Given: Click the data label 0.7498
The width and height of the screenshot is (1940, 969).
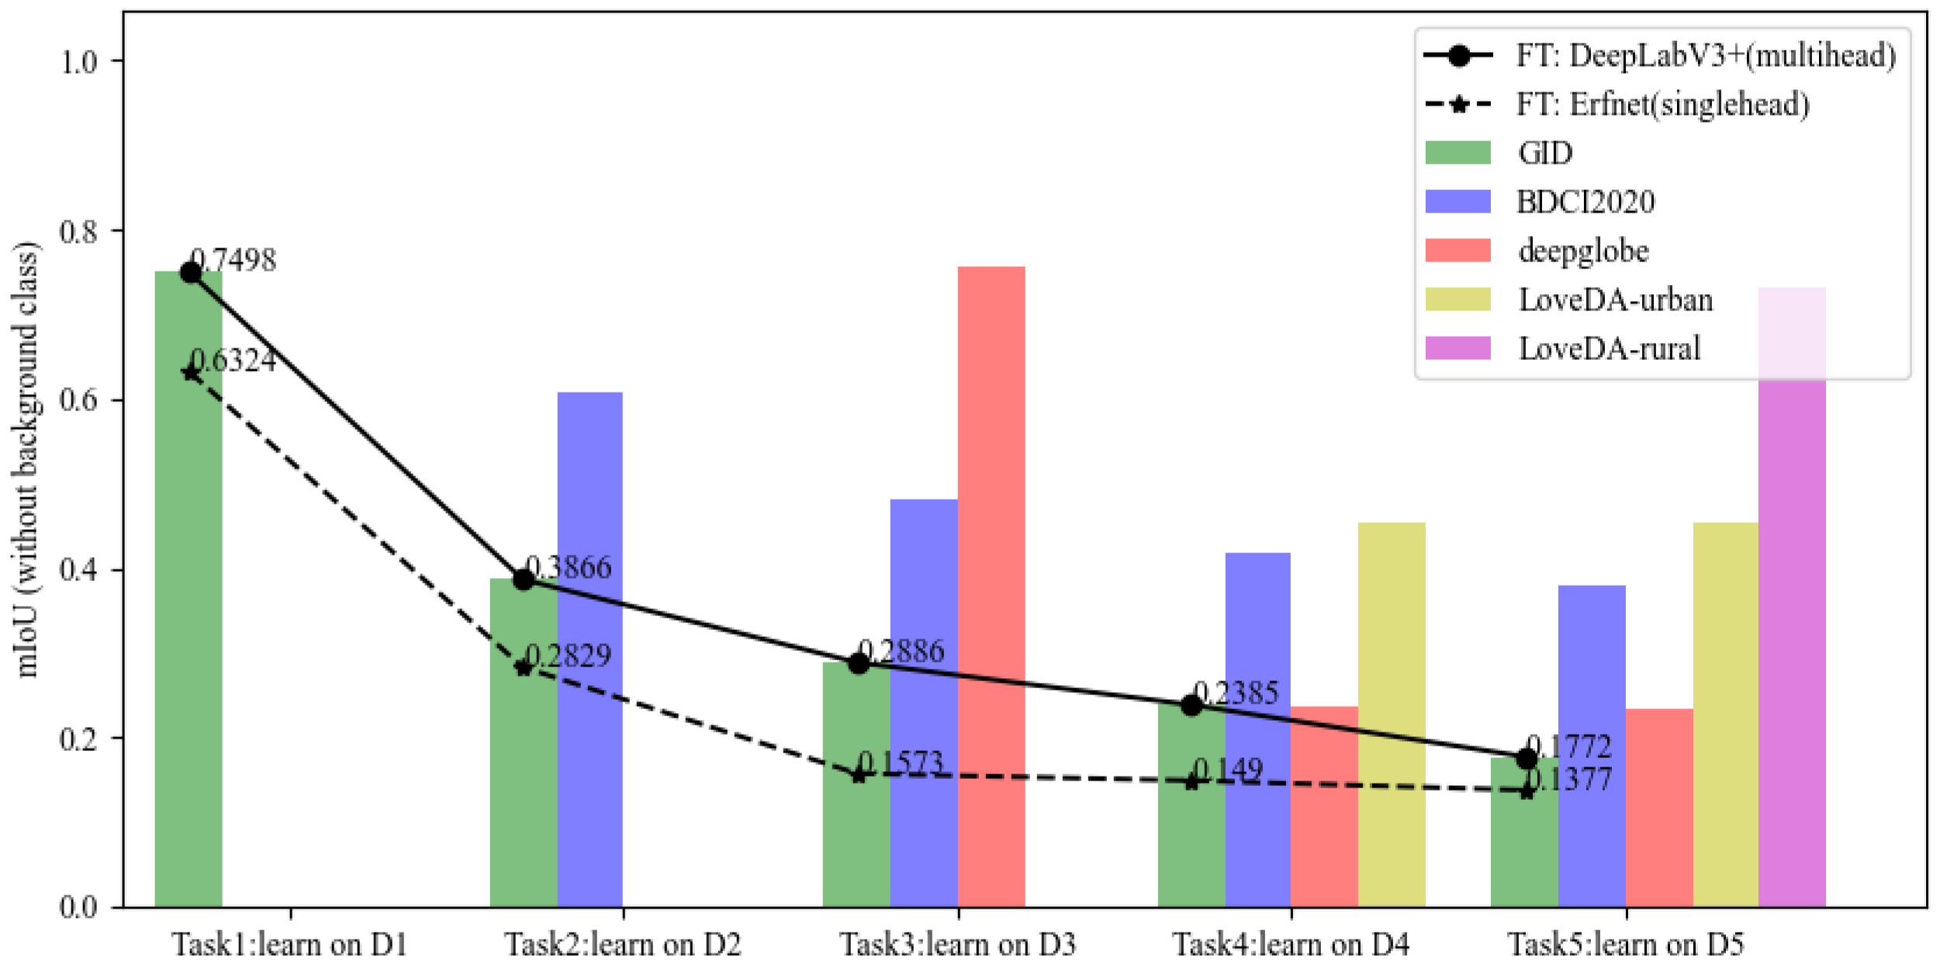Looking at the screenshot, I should point(233,261).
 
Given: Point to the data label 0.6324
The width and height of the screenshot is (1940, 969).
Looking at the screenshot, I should point(233,361).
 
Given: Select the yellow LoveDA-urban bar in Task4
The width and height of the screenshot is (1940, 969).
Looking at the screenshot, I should point(1391,715).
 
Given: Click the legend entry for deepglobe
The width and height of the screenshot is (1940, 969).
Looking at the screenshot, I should point(1582,251).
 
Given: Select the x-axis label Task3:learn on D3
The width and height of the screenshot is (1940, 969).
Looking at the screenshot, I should point(958,944).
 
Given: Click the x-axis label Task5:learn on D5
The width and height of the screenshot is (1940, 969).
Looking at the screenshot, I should point(1625,944).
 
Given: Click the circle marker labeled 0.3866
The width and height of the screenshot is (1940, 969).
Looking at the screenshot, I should point(524,579).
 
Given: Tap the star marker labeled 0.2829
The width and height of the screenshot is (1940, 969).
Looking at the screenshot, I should point(524,667).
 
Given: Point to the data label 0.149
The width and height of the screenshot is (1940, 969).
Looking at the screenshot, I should point(1227,770).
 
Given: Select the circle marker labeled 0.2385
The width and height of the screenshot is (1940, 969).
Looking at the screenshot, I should point(1191,705).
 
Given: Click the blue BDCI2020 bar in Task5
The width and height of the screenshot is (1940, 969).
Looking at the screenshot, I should point(1591,746).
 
